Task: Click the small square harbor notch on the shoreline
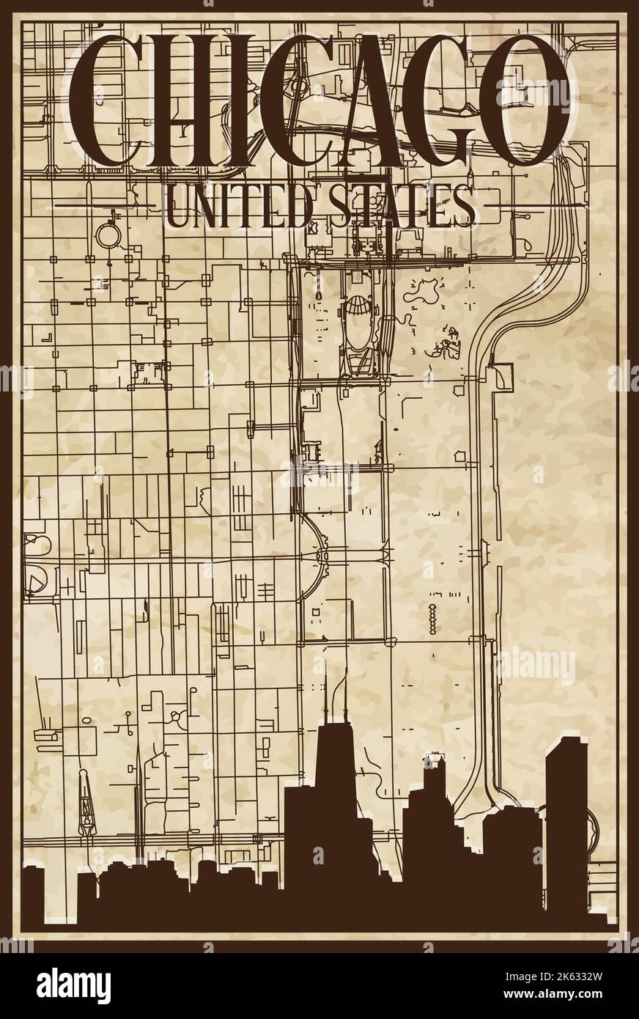tap(503, 377)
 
